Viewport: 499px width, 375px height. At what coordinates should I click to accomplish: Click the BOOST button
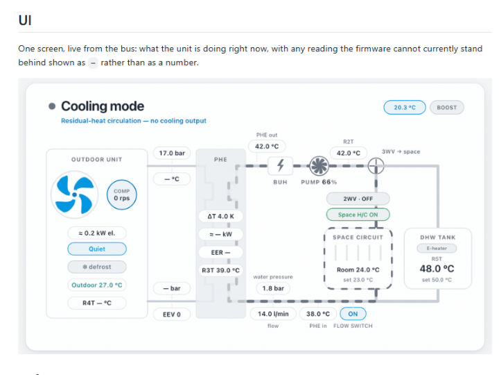coord(446,108)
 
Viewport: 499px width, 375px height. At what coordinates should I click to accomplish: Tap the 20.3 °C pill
coord(405,108)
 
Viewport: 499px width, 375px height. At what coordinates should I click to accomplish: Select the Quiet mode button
coord(97,249)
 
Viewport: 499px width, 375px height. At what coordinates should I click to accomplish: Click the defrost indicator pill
coord(97,267)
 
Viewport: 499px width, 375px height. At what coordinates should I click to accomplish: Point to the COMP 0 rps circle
coord(121,194)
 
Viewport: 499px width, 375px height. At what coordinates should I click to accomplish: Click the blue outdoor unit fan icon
coord(75,194)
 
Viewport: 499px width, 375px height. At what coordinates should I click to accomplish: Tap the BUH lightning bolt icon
coord(280,165)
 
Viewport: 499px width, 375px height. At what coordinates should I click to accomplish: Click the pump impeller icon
coord(319,165)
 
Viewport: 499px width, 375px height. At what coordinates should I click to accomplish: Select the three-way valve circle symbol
coord(376,166)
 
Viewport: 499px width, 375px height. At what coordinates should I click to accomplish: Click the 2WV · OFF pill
coord(358,199)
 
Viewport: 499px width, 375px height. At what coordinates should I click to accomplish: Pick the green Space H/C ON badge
coord(358,215)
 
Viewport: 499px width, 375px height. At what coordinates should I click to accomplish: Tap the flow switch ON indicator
coord(353,314)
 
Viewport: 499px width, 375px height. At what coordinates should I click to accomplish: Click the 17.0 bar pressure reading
coord(172,153)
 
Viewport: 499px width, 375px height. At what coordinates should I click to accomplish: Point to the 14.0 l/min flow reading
coord(273,314)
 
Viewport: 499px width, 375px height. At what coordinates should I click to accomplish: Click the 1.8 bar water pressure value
coord(273,288)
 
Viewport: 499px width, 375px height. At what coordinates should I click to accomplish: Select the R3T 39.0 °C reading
coord(220,270)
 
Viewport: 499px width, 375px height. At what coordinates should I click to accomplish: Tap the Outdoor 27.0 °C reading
coord(97,285)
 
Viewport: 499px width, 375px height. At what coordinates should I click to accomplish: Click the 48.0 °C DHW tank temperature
coord(437,269)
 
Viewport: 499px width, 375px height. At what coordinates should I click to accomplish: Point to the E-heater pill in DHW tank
coord(437,248)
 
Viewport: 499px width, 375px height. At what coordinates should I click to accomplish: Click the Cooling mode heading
coord(103,106)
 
